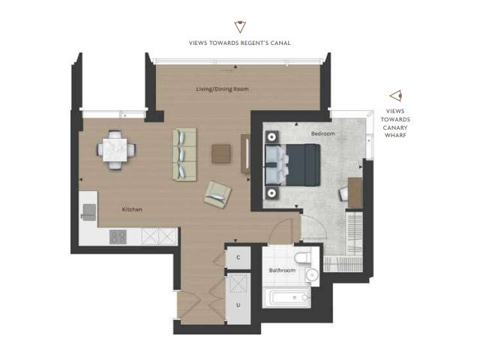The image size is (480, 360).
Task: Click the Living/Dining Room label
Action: (x=222, y=89)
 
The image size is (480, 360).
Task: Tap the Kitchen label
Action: (x=132, y=209)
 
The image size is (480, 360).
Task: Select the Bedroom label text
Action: (x=323, y=133)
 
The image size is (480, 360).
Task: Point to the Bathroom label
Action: (x=282, y=270)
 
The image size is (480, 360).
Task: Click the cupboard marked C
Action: (x=238, y=258)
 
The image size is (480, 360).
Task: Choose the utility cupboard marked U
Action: (x=238, y=298)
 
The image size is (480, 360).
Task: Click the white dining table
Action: (x=115, y=150)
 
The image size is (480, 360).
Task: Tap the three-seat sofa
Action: (x=184, y=154)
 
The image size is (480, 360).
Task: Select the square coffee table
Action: (x=221, y=154)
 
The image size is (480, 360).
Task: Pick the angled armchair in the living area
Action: (x=217, y=195)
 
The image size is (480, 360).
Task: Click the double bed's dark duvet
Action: (x=303, y=165)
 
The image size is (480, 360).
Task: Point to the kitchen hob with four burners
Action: (x=118, y=237)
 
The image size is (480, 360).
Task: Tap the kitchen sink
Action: (x=88, y=212)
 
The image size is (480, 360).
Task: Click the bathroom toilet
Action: (x=302, y=255)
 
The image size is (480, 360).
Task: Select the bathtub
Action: (x=286, y=298)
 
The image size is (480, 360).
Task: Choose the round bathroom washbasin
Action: (x=312, y=274)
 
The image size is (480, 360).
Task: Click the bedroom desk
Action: (x=355, y=193)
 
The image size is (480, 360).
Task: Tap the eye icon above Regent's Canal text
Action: (x=240, y=27)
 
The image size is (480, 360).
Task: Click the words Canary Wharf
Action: (x=395, y=131)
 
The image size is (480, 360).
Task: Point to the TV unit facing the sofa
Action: (x=245, y=154)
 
